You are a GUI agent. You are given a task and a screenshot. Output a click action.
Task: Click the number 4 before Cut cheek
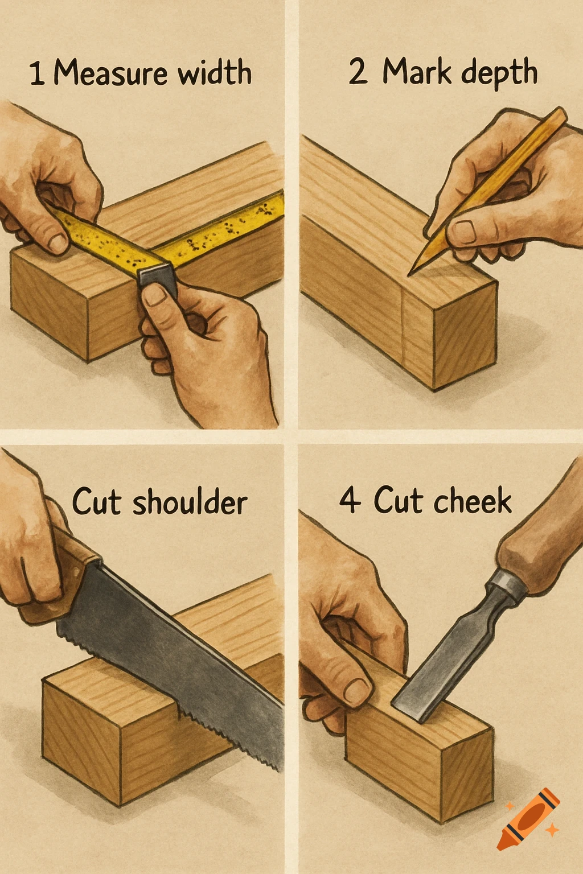[350, 501]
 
